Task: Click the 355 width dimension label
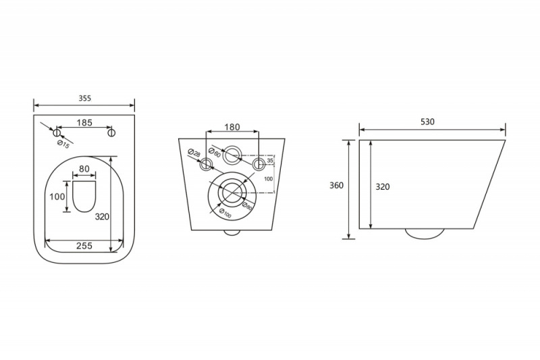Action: [x=84, y=98]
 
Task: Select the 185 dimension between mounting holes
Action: [x=84, y=122]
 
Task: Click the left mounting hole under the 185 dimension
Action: [x=57, y=132]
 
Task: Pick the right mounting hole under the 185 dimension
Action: [x=112, y=132]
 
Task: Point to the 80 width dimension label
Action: [x=84, y=168]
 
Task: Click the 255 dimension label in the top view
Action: [x=84, y=246]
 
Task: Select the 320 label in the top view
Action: [x=119, y=216]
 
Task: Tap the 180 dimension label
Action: [x=232, y=127]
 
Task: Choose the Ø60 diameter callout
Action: [x=214, y=153]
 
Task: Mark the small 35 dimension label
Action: [x=270, y=161]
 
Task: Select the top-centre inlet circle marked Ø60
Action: [x=232, y=155]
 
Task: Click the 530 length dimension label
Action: [x=427, y=122]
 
